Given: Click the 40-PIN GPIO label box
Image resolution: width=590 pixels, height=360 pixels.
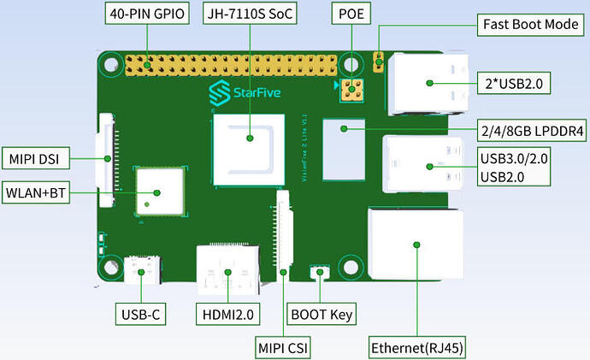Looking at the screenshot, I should click(147, 15).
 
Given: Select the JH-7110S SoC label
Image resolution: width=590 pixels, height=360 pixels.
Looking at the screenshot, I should click(249, 15).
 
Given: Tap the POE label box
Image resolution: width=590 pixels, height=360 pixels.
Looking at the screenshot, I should click(349, 15).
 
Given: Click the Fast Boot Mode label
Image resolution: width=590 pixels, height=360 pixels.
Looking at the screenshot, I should click(530, 24).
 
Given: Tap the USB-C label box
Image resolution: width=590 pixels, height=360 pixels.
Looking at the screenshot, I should click(139, 315).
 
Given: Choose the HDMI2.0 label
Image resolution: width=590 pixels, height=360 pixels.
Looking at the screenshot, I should click(227, 315).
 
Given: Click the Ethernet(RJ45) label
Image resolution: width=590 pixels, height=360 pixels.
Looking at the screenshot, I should click(416, 348).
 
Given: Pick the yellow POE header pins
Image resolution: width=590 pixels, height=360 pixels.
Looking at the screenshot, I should click(349, 89).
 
